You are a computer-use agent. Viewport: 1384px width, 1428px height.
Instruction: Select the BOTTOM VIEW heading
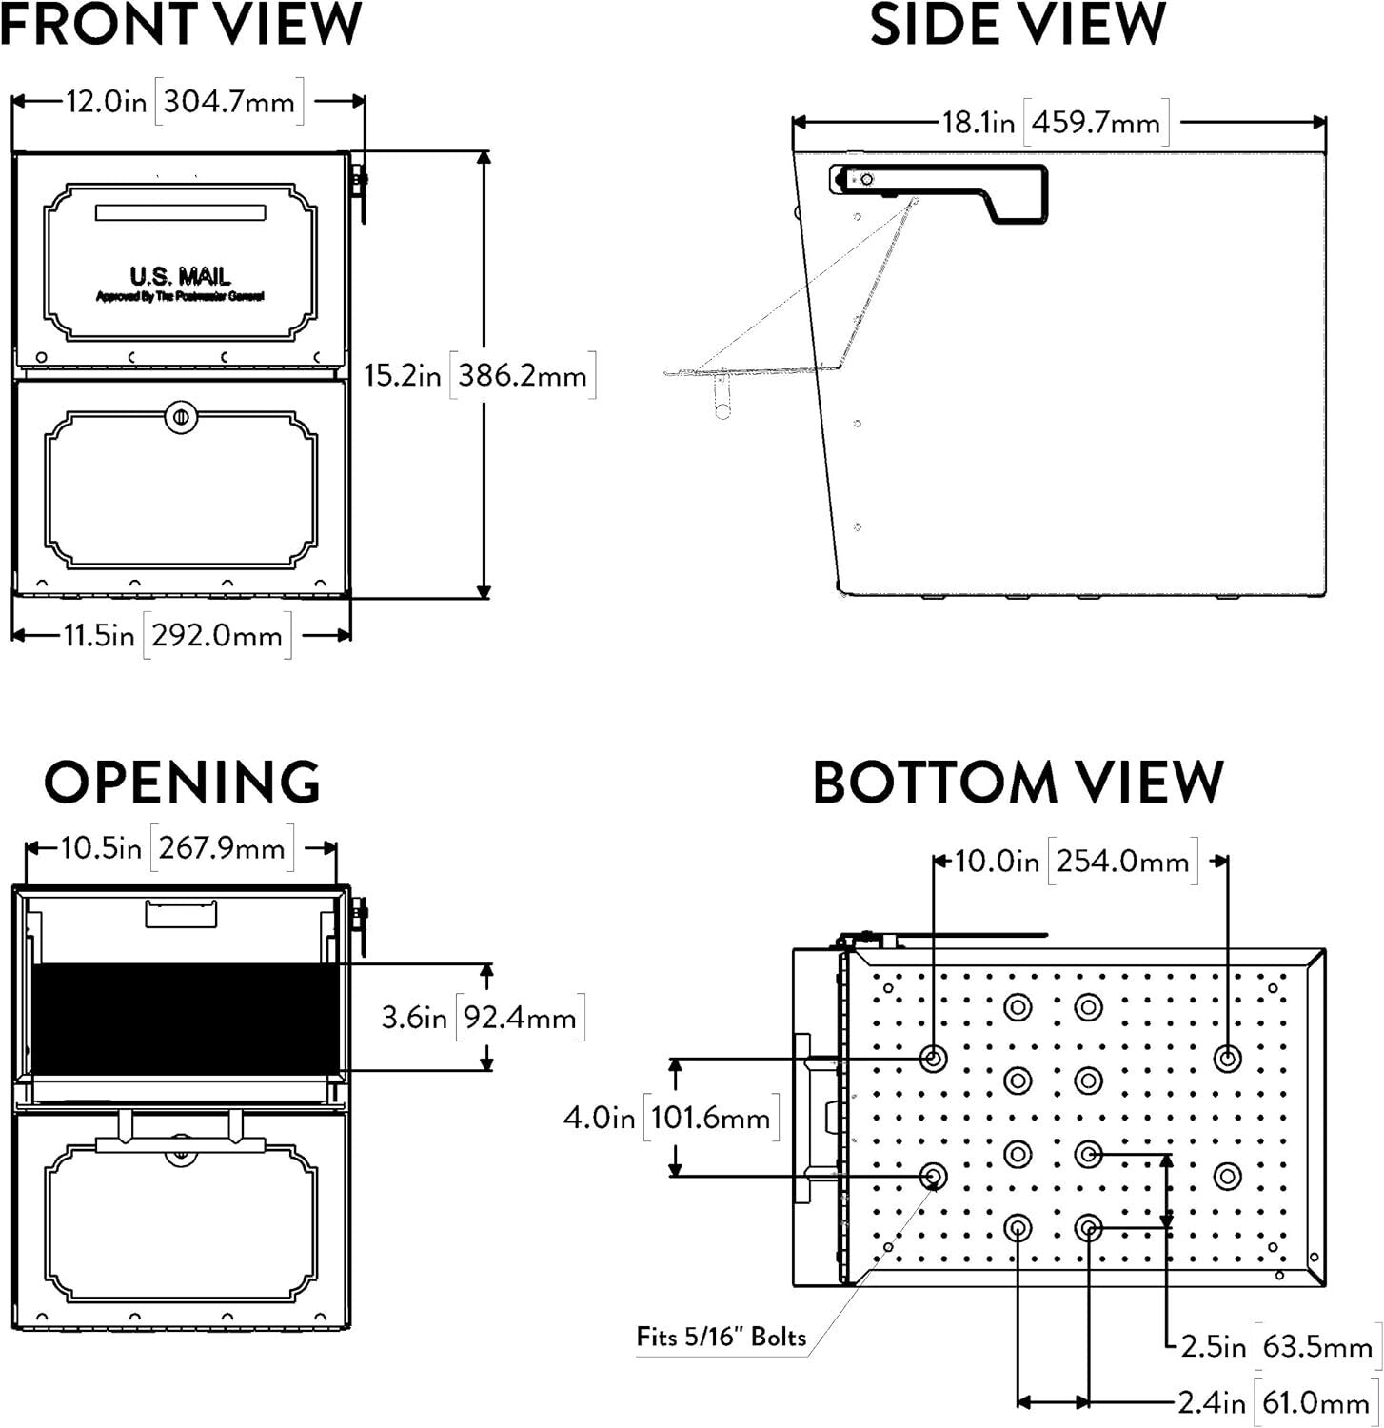pyautogui.click(x=1017, y=783)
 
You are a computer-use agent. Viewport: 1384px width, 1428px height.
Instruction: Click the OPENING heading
pyautogui.click(x=182, y=782)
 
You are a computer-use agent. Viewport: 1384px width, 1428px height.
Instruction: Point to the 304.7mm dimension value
pyautogui.click(x=229, y=102)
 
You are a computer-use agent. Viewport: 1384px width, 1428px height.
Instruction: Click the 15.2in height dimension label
pyautogui.click(x=403, y=375)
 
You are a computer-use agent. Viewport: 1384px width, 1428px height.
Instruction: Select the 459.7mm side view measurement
pyautogui.click(x=1097, y=124)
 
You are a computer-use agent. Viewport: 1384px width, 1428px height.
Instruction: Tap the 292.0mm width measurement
pyautogui.click(x=217, y=635)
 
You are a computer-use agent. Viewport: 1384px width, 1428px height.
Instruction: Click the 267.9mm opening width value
pyautogui.click(x=222, y=847)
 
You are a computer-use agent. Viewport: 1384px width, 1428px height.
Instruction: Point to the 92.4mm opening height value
pyautogui.click(x=520, y=1018)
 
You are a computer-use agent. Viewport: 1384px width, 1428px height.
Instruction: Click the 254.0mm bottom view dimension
pyautogui.click(x=1123, y=863)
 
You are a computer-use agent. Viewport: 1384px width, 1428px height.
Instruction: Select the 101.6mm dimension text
pyautogui.click(x=711, y=1117)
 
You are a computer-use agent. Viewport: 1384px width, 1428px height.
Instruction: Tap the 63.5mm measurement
pyautogui.click(x=1317, y=1346)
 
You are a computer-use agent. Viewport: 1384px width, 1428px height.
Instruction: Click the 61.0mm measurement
pyautogui.click(x=1315, y=1402)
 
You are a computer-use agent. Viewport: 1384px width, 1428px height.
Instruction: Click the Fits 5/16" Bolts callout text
pyautogui.click(x=721, y=1337)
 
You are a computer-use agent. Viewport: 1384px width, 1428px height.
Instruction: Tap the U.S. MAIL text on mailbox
pyautogui.click(x=181, y=277)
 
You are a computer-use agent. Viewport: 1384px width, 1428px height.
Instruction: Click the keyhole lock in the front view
pyautogui.click(x=179, y=416)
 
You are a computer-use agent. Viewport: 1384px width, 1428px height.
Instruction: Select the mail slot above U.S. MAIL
pyautogui.click(x=180, y=212)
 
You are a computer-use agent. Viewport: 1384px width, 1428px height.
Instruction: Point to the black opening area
pyautogui.click(x=186, y=1017)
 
